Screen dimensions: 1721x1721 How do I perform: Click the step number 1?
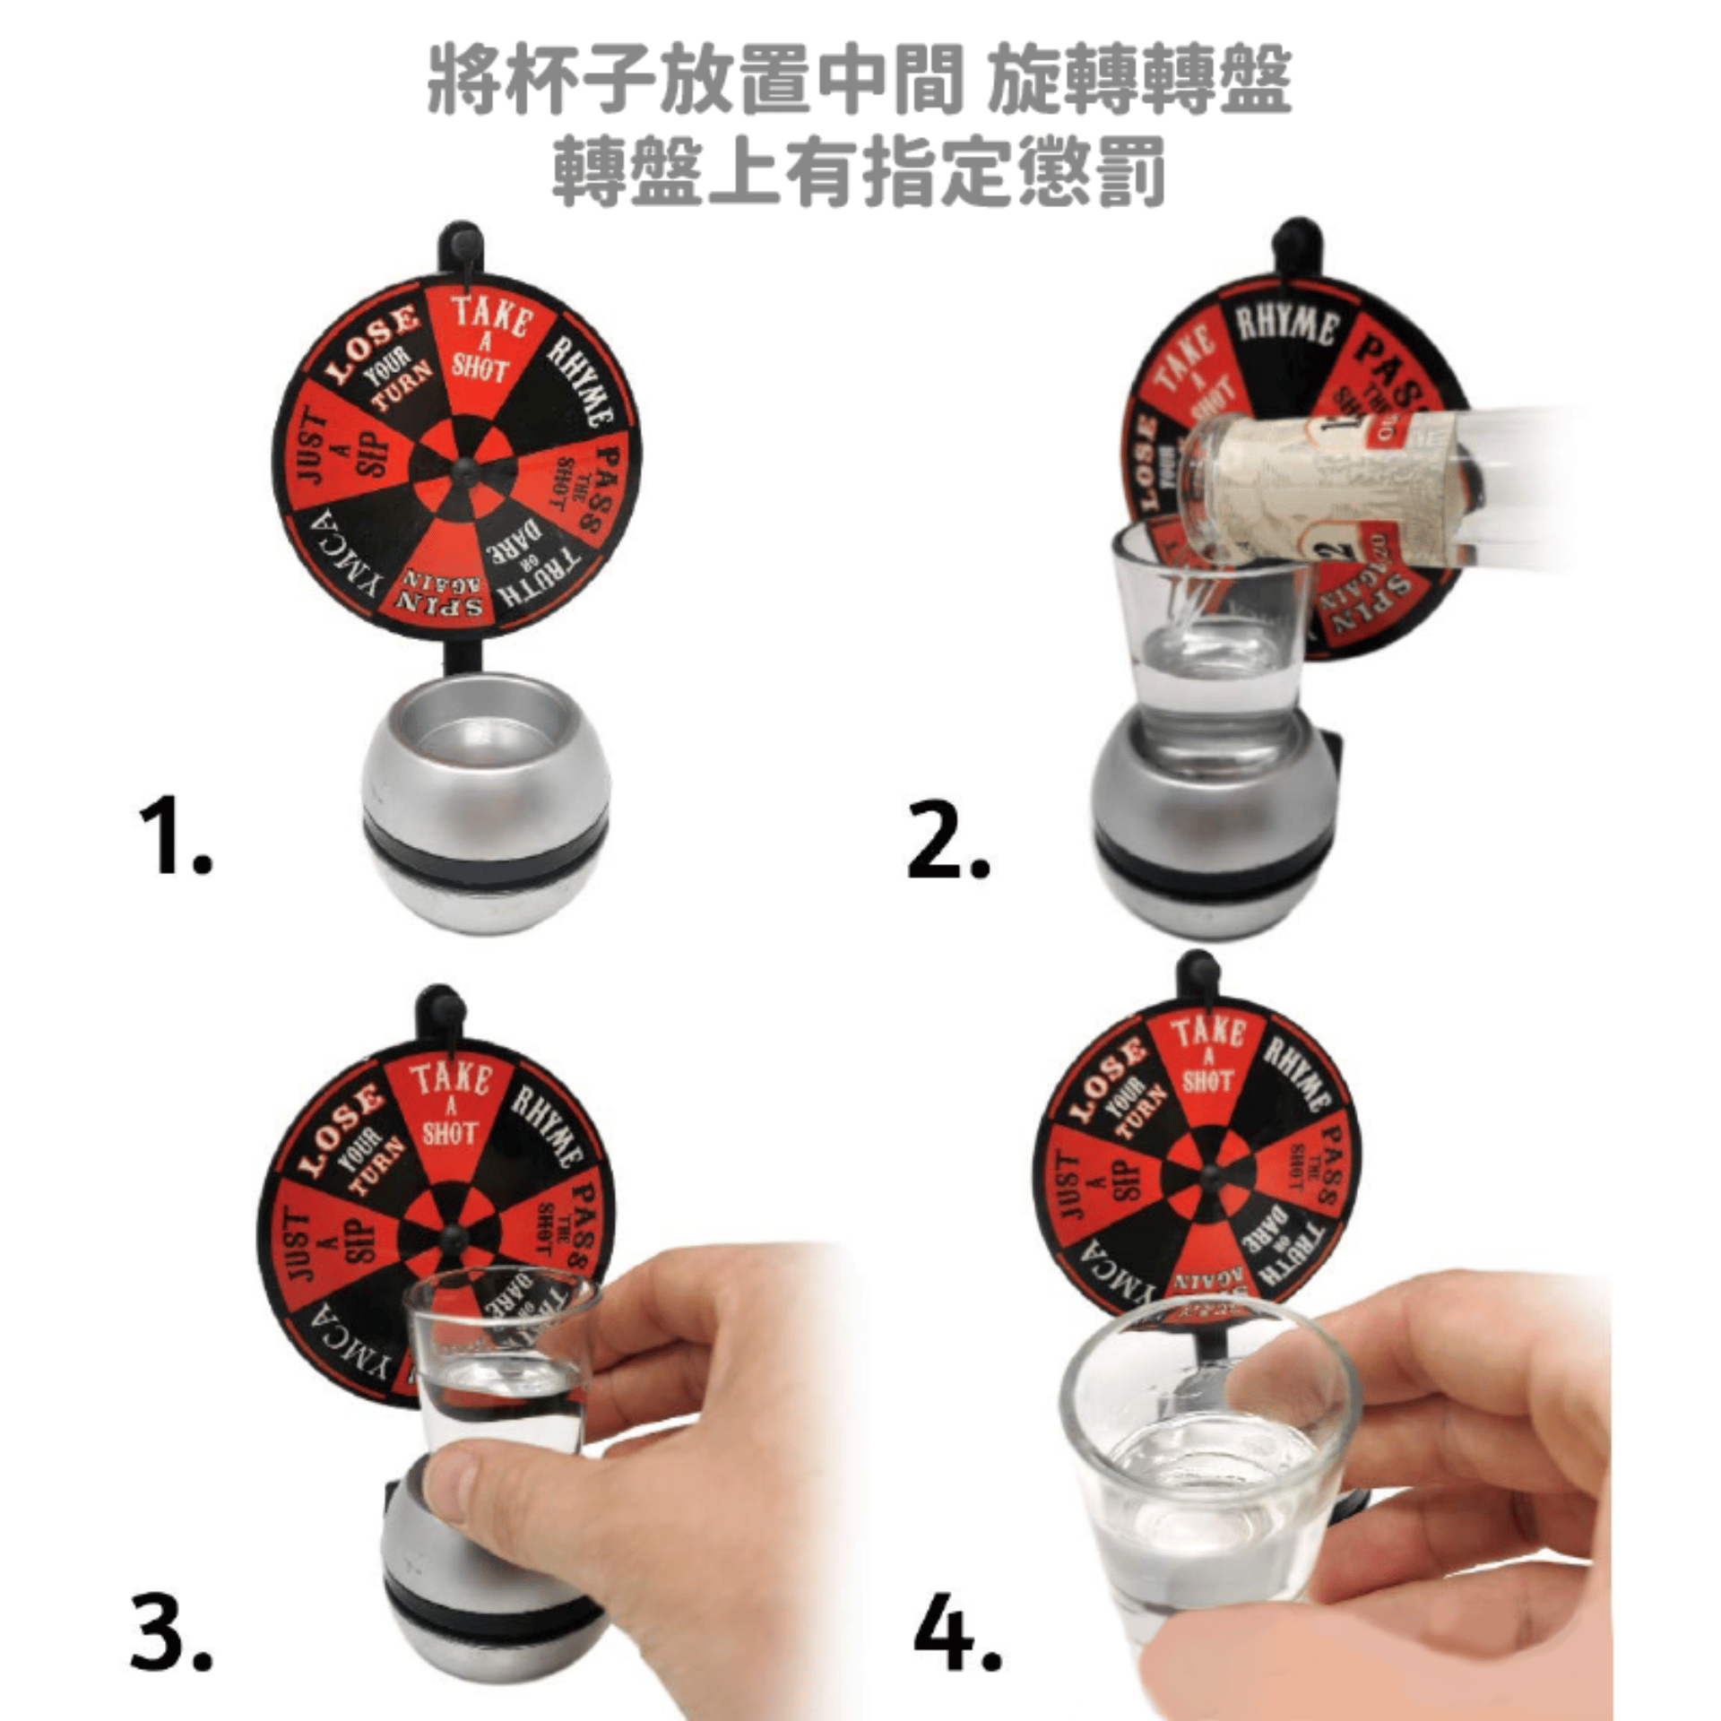175,838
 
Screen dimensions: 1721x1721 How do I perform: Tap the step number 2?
947,841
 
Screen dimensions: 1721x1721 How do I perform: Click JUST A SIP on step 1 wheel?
336,448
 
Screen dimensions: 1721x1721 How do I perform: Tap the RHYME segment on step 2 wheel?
1285,328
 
